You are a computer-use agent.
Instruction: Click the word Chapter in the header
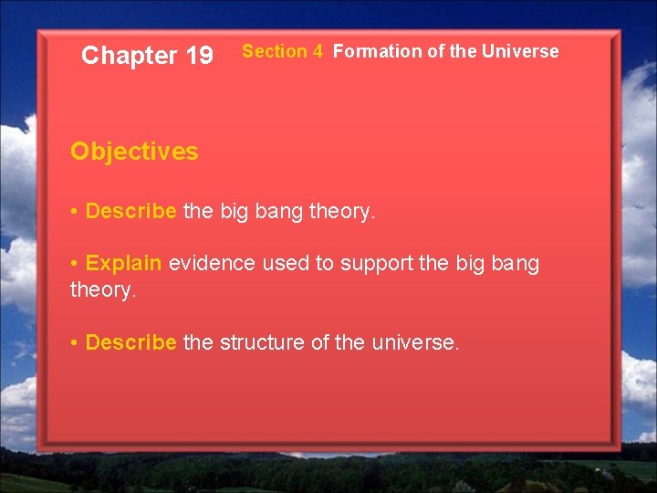[129, 56]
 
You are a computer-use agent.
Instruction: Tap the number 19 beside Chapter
[199, 56]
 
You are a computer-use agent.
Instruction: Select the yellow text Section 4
[282, 52]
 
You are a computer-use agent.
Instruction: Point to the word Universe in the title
[520, 52]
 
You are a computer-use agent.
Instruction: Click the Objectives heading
[134, 152]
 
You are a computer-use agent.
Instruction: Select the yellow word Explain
[123, 264]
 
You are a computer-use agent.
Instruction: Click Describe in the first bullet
[130, 212]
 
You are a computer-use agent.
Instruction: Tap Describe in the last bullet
[130, 342]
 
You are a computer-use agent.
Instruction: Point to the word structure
[261, 342]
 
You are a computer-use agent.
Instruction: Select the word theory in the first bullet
[341, 213]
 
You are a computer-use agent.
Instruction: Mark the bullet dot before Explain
[74, 264]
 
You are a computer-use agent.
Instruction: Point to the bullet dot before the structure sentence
[74, 342]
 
